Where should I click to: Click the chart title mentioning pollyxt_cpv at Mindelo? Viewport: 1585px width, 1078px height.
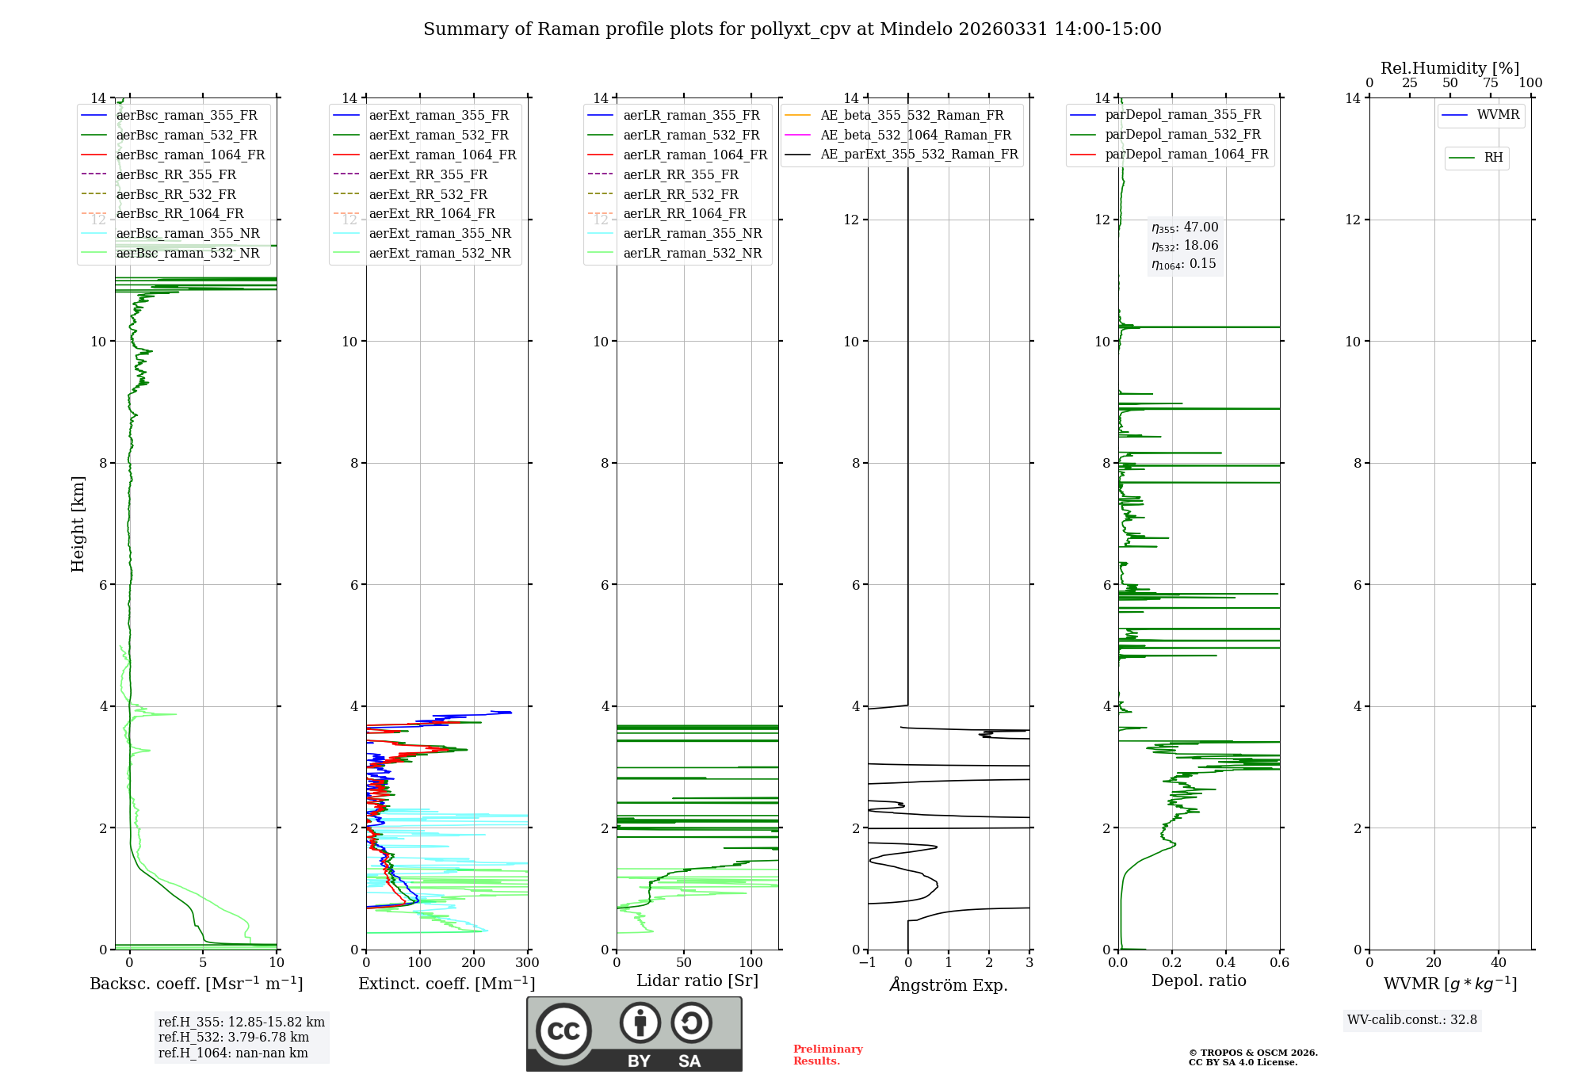[x=792, y=29]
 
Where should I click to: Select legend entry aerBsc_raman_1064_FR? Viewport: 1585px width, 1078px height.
[x=190, y=155]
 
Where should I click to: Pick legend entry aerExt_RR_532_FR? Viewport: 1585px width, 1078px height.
[x=428, y=194]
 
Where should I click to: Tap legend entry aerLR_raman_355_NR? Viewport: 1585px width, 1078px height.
[x=692, y=233]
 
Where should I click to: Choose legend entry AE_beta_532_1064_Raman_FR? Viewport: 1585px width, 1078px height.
[x=915, y=135]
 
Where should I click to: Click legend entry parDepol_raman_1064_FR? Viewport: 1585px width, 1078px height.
[x=1186, y=154]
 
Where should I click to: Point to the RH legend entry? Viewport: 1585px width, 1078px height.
[x=1493, y=158]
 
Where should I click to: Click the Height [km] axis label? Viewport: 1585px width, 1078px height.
[x=78, y=524]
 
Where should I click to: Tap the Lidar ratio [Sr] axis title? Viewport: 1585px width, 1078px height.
[x=697, y=981]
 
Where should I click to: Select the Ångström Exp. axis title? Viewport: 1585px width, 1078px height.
[x=949, y=984]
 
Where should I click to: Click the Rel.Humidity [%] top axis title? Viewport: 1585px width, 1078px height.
[x=1449, y=68]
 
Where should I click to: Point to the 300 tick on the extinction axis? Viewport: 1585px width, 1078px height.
[x=527, y=963]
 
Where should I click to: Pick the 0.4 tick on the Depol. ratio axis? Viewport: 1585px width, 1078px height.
[x=1225, y=963]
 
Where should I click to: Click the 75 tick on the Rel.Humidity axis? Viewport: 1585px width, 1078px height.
[x=1490, y=83]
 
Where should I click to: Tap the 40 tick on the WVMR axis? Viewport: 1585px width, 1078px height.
[x=1498, y=963]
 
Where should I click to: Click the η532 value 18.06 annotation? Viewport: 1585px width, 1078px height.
[x=1185, y=246]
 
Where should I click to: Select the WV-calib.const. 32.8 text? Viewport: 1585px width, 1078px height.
[x=1412, y=1020]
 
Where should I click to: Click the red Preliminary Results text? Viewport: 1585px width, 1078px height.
[x=827, y=1055]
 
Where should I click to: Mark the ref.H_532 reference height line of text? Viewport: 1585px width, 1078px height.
[x=234, y=1038]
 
